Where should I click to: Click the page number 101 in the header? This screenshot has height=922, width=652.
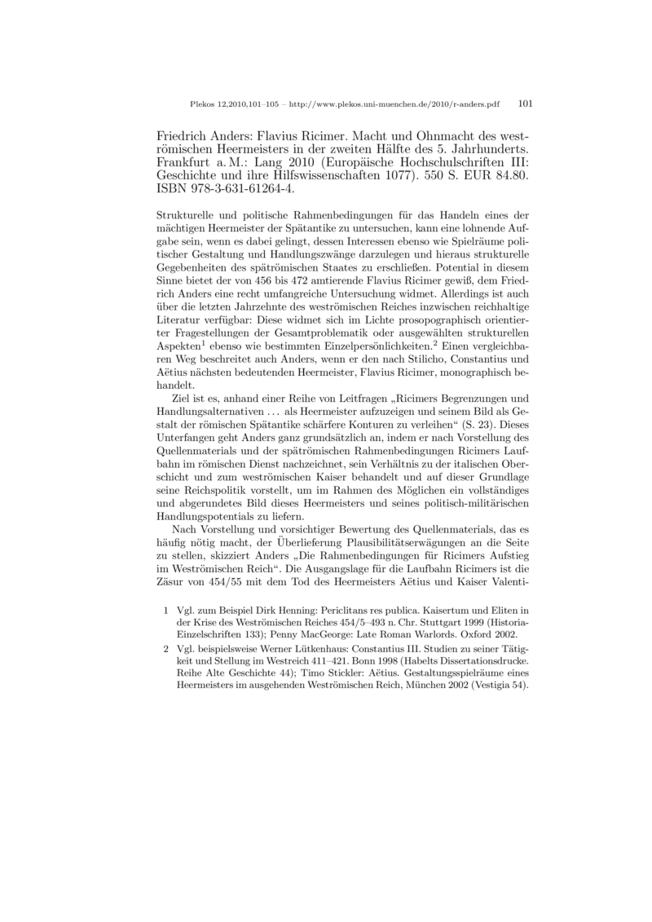tap(525, 104)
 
